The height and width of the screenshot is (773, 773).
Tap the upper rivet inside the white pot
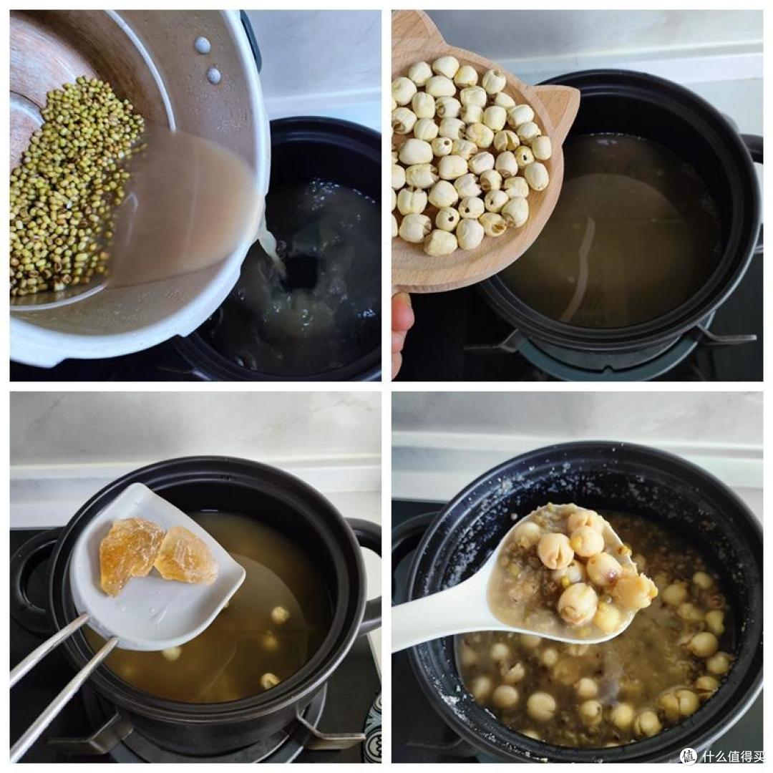(x=202, y=45)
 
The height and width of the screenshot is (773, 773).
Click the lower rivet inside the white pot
(x=213, y=75)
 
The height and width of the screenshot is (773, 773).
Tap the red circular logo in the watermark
(x=689, y=756)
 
